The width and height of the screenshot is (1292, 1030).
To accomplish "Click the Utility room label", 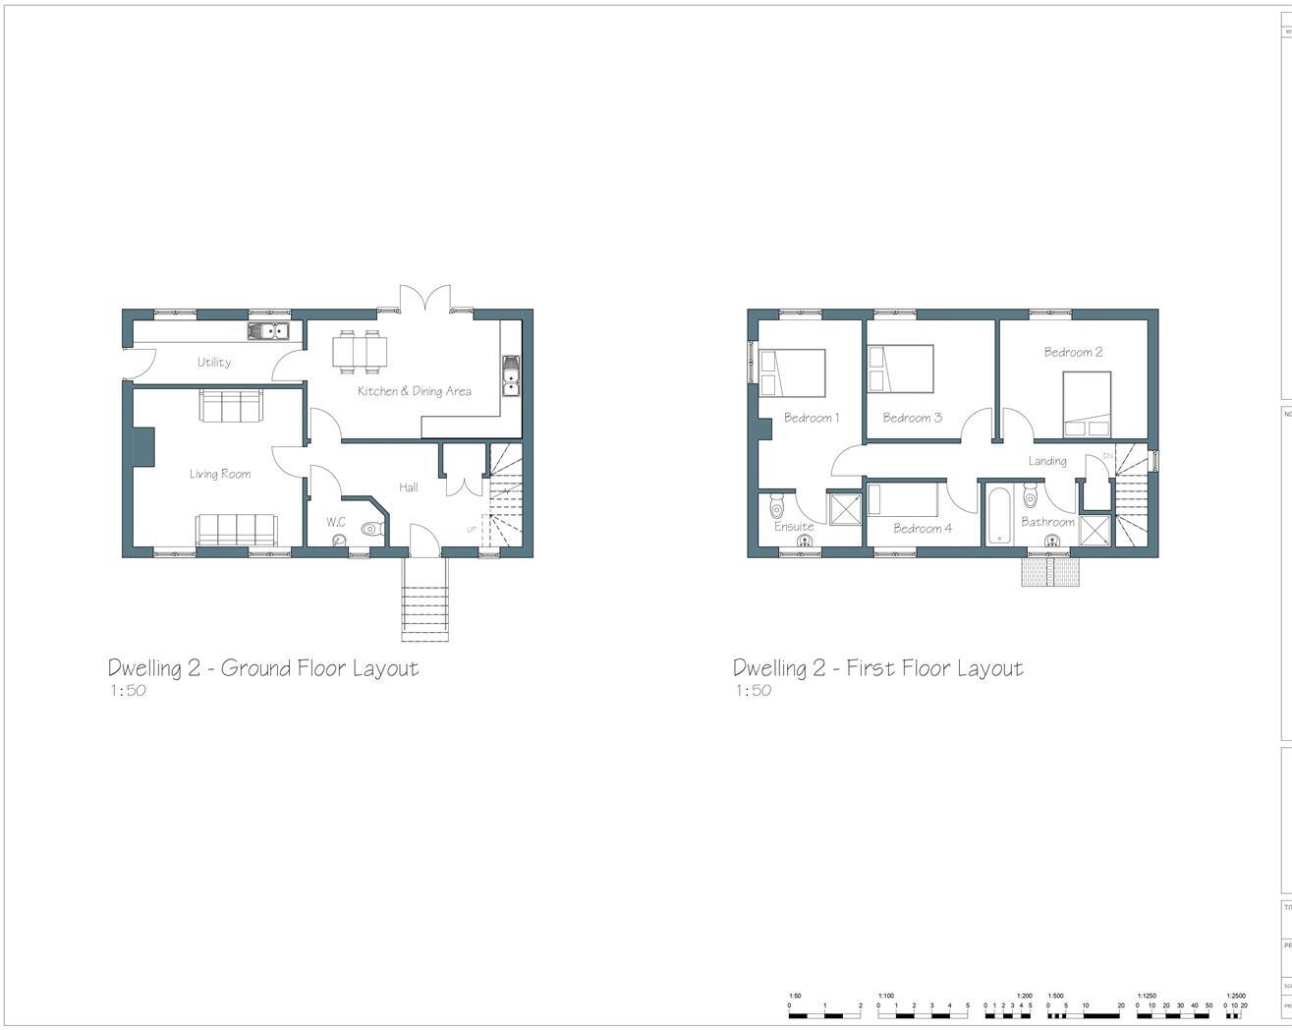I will click(x=214, y=362).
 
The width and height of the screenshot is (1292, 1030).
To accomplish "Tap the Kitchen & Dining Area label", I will click(x=414, y=391).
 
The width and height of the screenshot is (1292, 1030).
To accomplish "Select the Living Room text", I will click(x=220, y=474).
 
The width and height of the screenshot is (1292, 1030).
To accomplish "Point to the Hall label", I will click(x=409, y=486).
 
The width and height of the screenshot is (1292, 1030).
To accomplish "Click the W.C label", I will click(x=336, y=522).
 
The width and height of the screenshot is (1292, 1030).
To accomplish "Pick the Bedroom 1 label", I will click(x=812, y=418).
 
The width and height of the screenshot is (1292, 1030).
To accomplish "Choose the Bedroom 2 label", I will click(x=1073, y=352).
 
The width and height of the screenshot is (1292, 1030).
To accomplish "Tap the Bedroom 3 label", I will click(x=912, y=418).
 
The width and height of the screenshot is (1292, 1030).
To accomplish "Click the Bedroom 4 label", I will click(x=923, y=529).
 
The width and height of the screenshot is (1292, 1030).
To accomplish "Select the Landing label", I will click(x=1047, y=461).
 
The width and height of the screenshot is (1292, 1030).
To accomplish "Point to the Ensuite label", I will click(x=794, y=527).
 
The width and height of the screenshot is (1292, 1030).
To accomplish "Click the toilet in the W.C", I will click(x=370, y=529).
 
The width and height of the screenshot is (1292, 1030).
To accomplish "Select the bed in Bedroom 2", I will click(x=1087, y=403).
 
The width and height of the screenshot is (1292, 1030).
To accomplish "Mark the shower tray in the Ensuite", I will click(x=844, y=508).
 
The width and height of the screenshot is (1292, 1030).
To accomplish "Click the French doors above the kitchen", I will click(x=425, y=298).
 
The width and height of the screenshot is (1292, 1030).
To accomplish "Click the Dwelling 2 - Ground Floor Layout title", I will click(x=263, y=668).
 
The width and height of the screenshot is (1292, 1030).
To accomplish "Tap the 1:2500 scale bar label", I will click(x=1235, y=996).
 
